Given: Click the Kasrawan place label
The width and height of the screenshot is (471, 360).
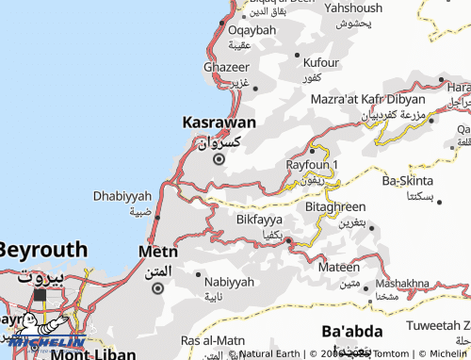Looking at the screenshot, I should (x=218, y=123).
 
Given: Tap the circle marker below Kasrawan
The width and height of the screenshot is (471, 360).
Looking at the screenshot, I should (x=219, y=159).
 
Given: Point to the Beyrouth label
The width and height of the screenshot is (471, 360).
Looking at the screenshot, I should (x=43, y=252).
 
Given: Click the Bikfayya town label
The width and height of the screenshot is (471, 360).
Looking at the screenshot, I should (x=259, y=220).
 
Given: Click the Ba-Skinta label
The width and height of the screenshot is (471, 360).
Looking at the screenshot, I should (x=408, y=180).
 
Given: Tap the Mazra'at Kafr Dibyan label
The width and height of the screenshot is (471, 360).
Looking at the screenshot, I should (x=368, y=98).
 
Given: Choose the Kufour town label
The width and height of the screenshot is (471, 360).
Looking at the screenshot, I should (x=321, y=62).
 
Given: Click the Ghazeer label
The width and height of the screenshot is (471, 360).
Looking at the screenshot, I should (x=227, y=68).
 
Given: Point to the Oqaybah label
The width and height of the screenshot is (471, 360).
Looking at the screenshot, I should (x=252, y=30).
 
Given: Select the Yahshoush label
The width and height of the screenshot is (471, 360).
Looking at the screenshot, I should (x=353, y=8).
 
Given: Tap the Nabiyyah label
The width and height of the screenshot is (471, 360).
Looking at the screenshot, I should (x=229, y=282).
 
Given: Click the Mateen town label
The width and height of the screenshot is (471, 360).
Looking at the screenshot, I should (x=338, y=268).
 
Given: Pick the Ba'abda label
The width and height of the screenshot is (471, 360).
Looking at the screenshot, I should (x=351, y=332).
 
